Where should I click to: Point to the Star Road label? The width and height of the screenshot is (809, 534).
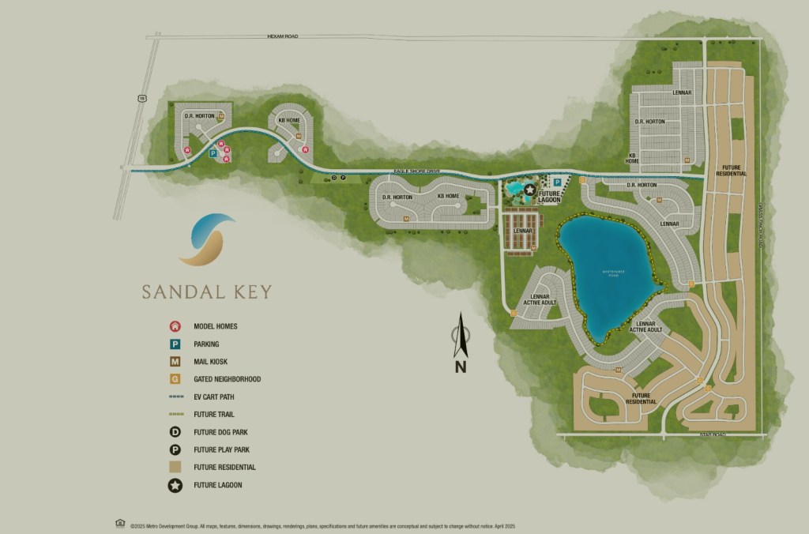tap(710, 434)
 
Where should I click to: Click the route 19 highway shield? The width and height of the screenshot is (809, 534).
tap(142, 99)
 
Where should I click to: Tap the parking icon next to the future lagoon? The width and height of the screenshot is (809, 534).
tap(557, 182)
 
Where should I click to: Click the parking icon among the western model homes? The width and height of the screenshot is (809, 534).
tap(213, 154)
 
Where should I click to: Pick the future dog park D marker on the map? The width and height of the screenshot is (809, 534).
tap(334, 179)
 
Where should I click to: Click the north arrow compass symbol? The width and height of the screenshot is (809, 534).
tap(461, 340)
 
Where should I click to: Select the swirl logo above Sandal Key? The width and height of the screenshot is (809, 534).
tap(206, 239)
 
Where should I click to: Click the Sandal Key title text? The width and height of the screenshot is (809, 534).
tap(206, 292)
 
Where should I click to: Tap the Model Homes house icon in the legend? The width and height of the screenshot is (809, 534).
tap(174, 326)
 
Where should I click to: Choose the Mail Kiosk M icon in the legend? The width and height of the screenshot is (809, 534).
tap(174, 362)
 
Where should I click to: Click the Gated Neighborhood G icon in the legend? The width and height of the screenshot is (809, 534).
tap(174, 379)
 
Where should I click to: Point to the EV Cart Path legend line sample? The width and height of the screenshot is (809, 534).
tap(174, 397)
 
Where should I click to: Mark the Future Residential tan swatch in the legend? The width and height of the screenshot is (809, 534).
tap(174, 467)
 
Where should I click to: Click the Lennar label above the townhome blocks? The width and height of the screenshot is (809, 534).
tap(522, 231)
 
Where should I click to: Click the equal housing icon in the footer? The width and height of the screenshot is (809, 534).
tap(120, 523)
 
